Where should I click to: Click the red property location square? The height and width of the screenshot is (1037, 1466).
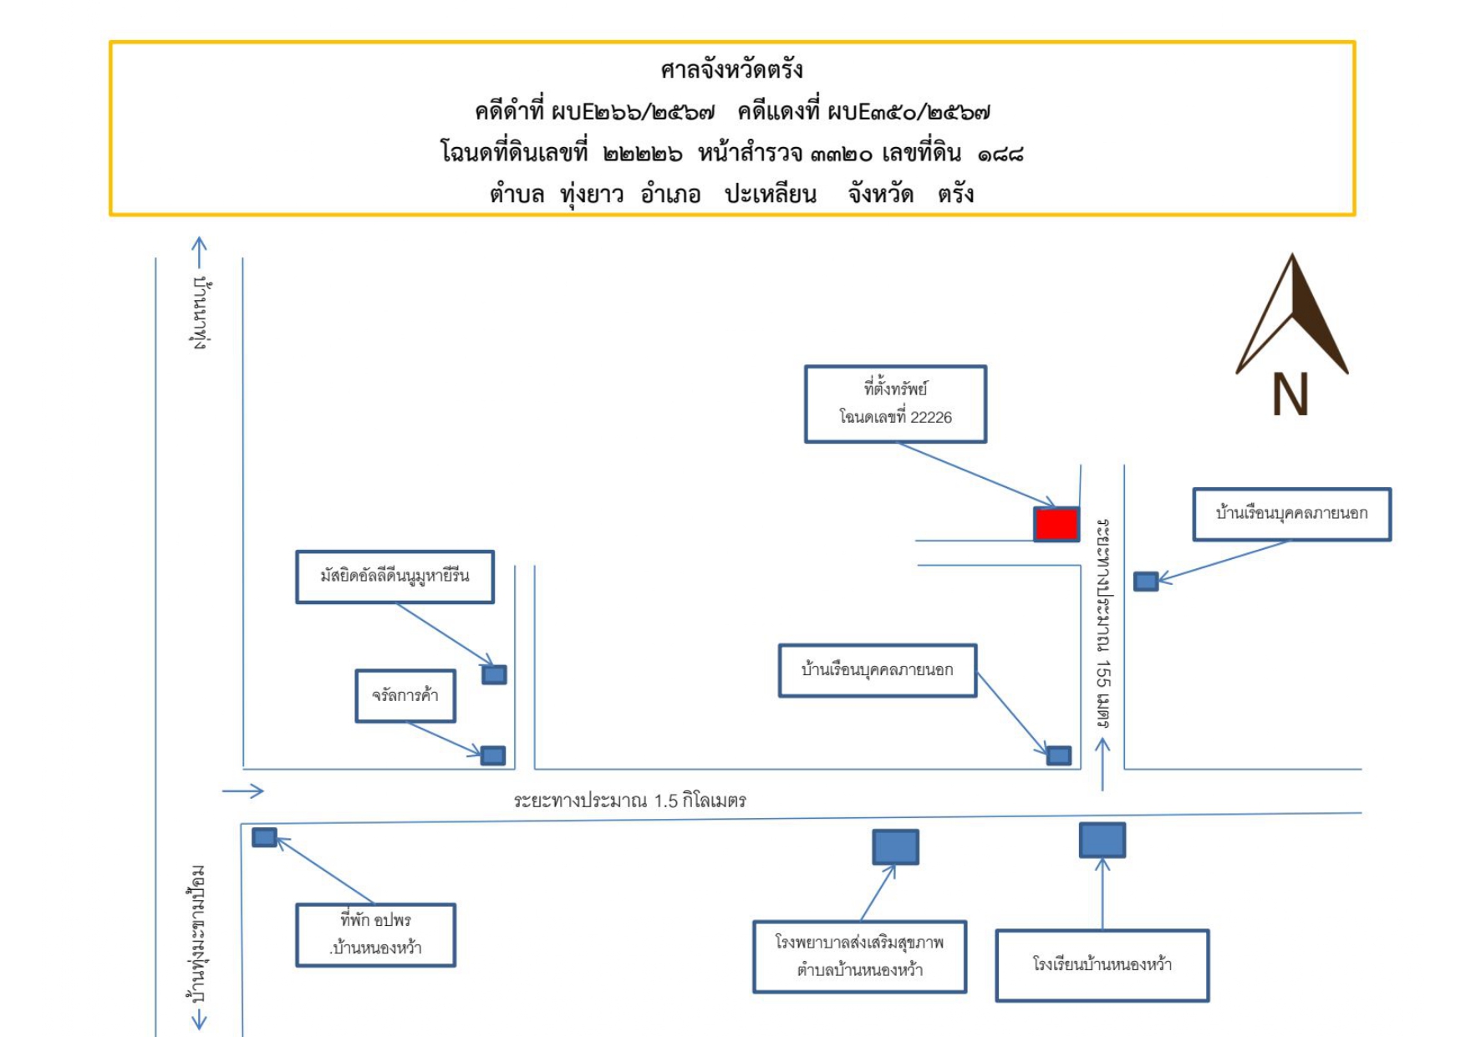(1056, 524)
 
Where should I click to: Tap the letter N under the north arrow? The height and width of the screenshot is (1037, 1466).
(1290, 394)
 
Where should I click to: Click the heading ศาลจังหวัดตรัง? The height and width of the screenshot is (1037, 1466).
(731, 69)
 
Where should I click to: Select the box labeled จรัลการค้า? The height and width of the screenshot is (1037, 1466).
(405, 695)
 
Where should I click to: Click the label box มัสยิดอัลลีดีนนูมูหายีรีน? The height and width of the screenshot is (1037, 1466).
(394, 576)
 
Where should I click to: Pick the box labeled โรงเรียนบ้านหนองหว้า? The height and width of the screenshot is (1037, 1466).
(1102, 965)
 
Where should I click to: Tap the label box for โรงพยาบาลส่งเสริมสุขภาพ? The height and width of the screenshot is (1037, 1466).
(859, 957)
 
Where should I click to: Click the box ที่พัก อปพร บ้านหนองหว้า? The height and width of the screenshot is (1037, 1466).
(375, 935)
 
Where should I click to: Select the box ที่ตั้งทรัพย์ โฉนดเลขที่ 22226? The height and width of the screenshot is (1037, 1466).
(895, 404)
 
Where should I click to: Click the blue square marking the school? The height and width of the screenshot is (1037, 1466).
(1102, 840)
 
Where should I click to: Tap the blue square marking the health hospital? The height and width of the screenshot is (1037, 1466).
(896, 846)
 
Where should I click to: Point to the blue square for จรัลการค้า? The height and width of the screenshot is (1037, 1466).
(493, 755)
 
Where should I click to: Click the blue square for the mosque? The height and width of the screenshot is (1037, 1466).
(494, 674)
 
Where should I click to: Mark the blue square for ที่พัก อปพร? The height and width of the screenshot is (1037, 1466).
(264, 836)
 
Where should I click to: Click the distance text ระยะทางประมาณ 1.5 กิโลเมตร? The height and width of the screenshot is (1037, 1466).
(629, 801)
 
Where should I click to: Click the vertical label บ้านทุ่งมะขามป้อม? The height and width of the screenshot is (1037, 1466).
(198, 934)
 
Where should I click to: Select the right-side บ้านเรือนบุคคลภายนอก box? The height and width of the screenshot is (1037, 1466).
(1291, 514)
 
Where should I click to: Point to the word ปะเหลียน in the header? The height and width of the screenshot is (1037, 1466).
(770, 195)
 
